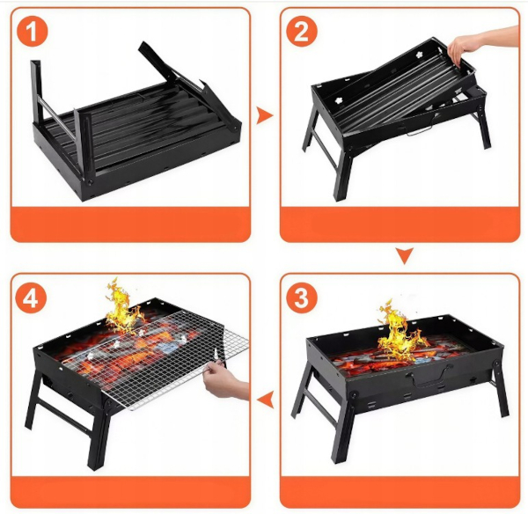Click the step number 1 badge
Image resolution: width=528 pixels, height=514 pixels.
point(32,32)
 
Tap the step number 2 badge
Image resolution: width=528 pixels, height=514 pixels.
point(301,32)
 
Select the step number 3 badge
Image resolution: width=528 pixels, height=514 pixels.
point(301,297)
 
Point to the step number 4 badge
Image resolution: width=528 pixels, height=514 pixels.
point(31,297)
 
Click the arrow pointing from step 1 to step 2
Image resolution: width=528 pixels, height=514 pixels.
point(264,115)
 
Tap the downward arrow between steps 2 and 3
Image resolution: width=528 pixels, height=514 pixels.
point(405,255)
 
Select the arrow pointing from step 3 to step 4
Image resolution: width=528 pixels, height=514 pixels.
point(266,399)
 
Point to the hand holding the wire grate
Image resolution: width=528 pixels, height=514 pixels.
point(224,380)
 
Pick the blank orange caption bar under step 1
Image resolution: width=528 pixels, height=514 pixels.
point(130,224)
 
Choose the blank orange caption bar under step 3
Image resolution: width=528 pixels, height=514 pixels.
point(400,491)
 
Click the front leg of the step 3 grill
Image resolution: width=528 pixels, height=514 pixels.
point(344,428)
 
